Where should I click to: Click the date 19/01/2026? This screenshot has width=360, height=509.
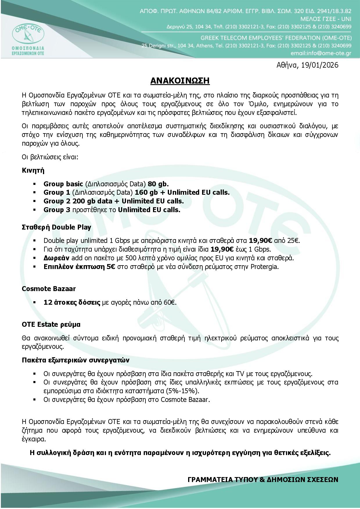320,65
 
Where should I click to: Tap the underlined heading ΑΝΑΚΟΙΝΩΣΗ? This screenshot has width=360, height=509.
180,81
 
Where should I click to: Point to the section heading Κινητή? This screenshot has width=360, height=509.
33,170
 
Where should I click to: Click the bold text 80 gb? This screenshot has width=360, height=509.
158,184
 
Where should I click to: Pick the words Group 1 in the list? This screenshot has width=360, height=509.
57,192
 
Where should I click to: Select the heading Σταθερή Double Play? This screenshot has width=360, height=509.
56,227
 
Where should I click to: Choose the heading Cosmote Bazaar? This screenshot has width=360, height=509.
49,289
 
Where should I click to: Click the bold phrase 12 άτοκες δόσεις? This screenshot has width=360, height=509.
72,302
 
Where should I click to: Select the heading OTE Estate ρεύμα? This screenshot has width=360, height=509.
51,324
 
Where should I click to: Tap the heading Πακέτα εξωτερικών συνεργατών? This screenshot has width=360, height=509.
75,360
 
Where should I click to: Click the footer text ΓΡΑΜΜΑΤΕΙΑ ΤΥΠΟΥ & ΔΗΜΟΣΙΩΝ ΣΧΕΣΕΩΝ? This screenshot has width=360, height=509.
263,479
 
